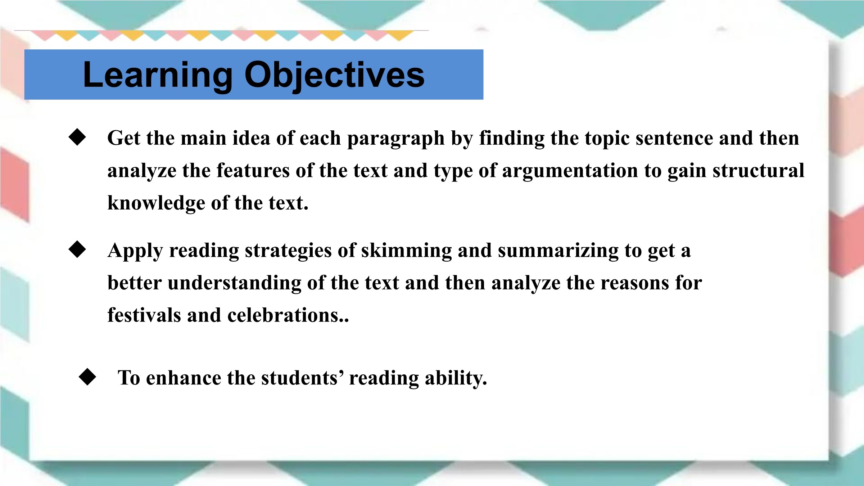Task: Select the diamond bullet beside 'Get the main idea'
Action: click(x=77, y=137)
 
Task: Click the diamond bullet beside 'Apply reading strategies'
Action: click(x=77, y=249)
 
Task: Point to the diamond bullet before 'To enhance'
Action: click(x=87, y=377)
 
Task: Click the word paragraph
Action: click(x=396, y=139)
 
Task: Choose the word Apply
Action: click(x=135, y=251)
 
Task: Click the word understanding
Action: click(x=235, y=283)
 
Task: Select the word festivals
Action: click(x=144, y=315)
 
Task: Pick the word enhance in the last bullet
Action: click(x=184, y=378)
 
